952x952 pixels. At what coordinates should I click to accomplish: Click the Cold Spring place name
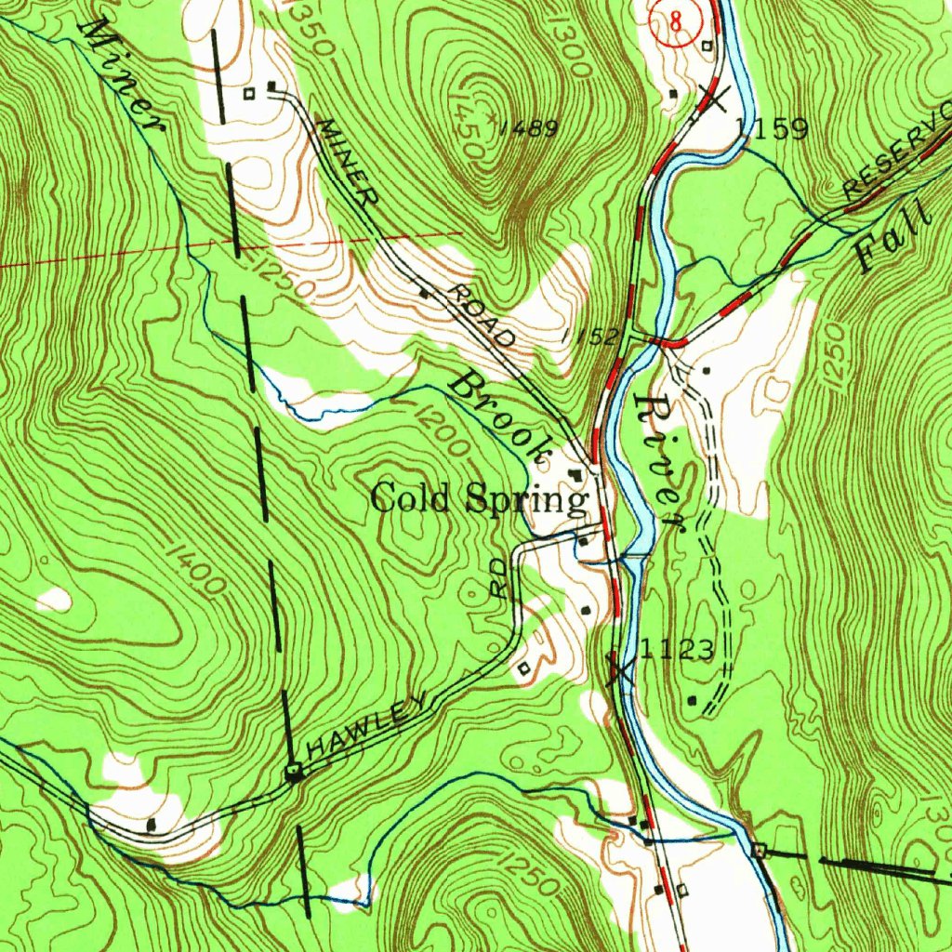coord(480,499)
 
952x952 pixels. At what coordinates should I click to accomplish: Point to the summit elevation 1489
coord(527,129)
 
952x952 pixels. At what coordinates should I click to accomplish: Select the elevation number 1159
coord(771,128)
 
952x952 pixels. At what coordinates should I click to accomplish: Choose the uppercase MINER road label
coord(348,161)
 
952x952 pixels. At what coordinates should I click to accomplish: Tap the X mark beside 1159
coord(714,97)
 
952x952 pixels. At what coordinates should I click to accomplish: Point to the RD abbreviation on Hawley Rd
coord(499,577)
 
